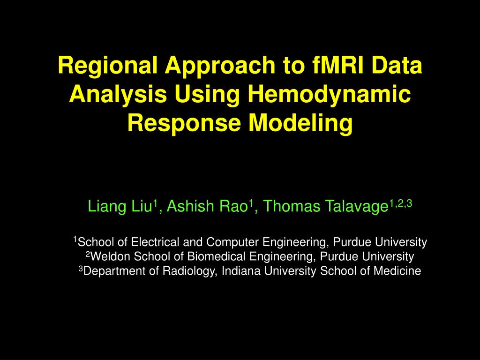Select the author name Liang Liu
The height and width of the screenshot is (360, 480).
point(121,206)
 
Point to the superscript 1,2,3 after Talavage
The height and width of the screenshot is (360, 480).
point(401,203)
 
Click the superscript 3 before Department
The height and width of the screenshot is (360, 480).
point(80,269)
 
